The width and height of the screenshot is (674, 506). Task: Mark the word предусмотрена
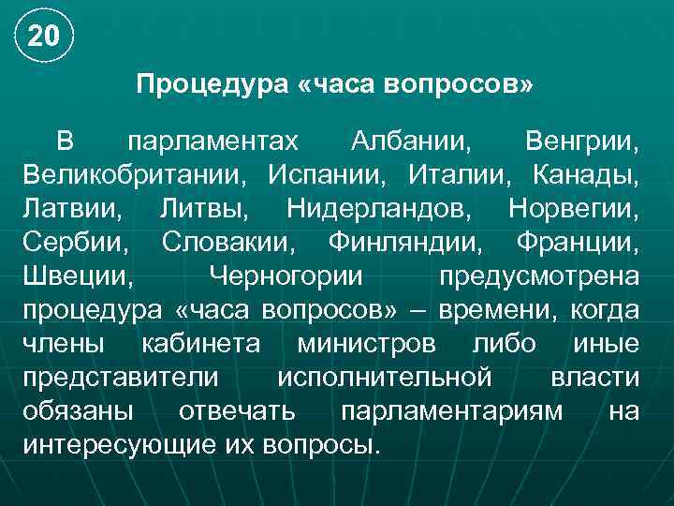pos(540,275)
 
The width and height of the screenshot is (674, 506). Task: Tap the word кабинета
pos(200,343)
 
